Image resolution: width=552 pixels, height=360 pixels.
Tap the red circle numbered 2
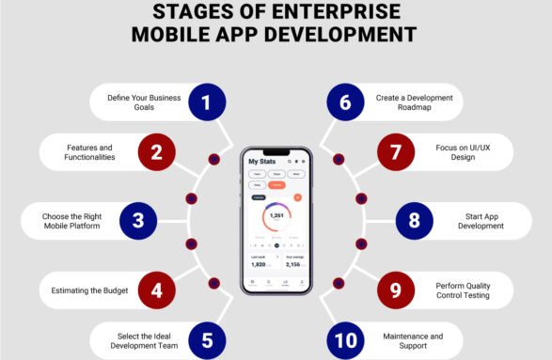156,151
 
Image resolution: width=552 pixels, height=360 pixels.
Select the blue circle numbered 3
138,222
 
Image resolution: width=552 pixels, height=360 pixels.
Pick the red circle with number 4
156,290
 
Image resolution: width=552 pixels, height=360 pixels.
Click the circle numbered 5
207,339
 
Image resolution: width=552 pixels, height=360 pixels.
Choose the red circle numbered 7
395,151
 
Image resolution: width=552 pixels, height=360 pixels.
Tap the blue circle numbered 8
414,222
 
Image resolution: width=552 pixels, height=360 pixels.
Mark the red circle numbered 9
395,290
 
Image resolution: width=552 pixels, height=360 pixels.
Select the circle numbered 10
345,339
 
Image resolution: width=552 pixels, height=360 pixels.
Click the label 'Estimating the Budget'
89,290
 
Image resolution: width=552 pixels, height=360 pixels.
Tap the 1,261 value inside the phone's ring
276,215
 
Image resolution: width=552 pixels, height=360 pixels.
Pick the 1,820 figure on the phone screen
259,264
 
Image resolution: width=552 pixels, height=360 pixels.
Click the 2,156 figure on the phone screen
292,264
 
